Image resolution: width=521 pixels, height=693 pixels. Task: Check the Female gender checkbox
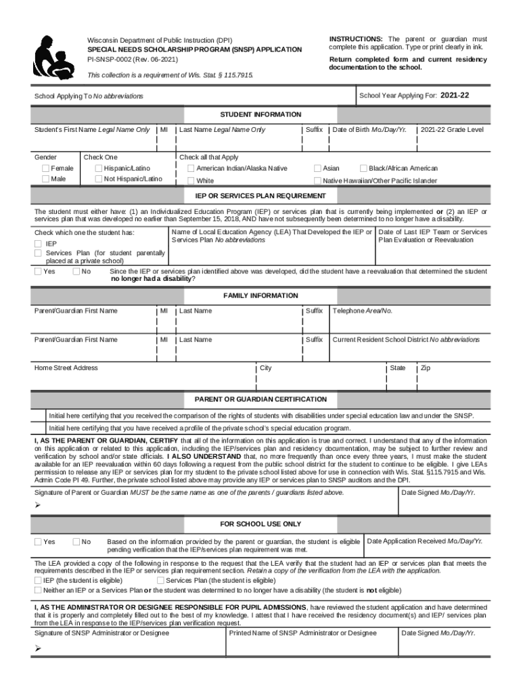(45, 169)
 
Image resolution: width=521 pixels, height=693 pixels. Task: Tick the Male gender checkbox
(45, 179)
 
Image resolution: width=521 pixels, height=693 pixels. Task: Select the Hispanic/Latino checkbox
(99, 169)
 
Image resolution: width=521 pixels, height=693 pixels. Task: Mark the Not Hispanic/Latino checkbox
(99, 179)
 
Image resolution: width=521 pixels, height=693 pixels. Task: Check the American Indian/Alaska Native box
(191, 169)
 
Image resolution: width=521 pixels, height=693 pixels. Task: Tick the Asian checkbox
(317, 169)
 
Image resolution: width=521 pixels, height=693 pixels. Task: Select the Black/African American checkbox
(363, 169)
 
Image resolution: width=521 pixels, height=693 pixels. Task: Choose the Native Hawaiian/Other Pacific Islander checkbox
(317, 181)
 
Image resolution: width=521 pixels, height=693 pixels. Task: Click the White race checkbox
(191, 181)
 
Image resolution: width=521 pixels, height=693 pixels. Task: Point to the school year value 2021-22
(455, 95)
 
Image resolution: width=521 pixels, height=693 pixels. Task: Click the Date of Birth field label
(369, 129)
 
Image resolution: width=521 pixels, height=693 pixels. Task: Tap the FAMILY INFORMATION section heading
(260, 296)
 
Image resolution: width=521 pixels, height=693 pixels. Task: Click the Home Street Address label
(66, 368)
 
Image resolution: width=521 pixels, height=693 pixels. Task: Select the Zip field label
(425, 368)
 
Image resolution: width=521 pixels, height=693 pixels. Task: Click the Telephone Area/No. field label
(362, 311)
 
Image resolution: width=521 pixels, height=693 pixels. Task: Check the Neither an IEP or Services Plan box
(38, 590)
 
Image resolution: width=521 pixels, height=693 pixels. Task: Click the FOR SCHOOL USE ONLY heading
(260, 524)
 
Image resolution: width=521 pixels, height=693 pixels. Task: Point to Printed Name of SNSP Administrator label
(302, 633)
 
